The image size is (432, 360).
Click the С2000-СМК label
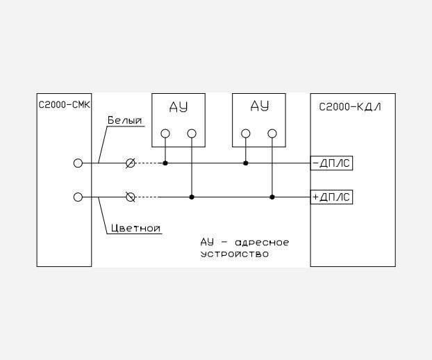click(64, 105)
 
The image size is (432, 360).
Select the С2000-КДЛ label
click(350, 106)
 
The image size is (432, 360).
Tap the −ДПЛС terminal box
click(331, 163)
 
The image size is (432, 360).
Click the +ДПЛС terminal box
click(331, 197)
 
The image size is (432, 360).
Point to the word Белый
click(125, 120)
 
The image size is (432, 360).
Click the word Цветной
click(135, 229)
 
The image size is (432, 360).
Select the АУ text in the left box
click(178, 107)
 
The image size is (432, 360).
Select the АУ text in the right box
click(259, 106)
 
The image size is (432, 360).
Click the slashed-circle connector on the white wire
click(131, 163)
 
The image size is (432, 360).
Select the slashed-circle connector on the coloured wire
click(131, 197)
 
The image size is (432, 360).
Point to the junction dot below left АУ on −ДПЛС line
click(165, 163)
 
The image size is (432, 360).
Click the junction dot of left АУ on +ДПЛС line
click(192, 197)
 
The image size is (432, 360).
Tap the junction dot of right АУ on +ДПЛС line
click(272, 197)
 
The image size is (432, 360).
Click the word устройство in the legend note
click(235, 254)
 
